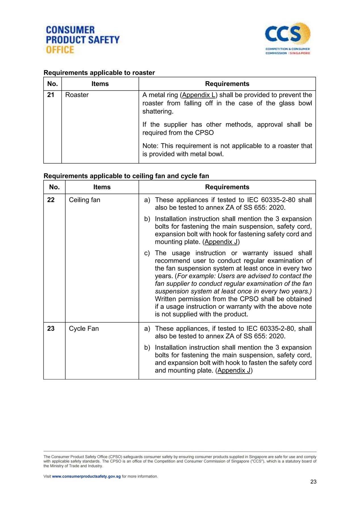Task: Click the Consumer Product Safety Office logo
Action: [83, 40]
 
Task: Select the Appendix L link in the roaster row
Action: [199, 95]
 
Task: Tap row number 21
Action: [51, 95]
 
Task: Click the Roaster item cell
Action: [77, 95]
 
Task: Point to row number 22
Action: [51, 200]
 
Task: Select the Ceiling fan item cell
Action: [85, 200]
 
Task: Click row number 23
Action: [51, 328]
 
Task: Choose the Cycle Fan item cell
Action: [84, 328]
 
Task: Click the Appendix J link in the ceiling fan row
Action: [221, 242]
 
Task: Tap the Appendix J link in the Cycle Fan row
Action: [234, 370]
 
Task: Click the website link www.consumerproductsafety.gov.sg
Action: [86, 476]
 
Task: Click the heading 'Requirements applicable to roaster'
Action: [99, 73]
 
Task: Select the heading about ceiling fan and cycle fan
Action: [126, 176]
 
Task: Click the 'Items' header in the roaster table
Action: [100, 84]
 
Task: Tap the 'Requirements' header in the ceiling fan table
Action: [227, 187]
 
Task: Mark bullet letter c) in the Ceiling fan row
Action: [147, 253]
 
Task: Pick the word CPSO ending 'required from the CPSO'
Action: [204, 133]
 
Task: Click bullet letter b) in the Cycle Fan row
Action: [147, 348]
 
